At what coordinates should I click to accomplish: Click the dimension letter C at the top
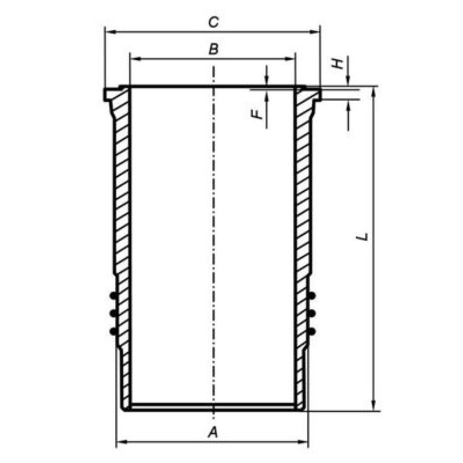click(x=214, y=22)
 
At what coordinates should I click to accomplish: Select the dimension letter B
click(x=213, y=49)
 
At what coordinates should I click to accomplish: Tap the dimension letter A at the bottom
click(x=213, y=432)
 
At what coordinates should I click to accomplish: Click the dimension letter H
click(x=337, y=64)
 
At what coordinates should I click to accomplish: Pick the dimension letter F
click(x=257, y=114)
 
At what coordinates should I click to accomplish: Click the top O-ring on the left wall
click(x=113, y=295)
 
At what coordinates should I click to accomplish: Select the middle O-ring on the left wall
click(x=113, y=313)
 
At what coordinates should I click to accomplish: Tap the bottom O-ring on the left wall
click(x=113, y=332)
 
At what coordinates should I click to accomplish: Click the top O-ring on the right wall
click(x=311, y=295)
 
